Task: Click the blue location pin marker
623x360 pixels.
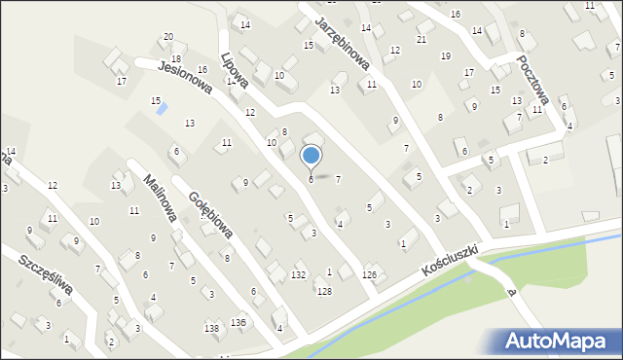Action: point(311,156)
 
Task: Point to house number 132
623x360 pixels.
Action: point(298,275)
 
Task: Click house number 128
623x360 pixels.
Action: point(324,292)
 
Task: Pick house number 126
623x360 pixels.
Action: point(369,275)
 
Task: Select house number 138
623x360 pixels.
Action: point(211,329)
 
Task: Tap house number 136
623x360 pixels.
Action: point(238,322)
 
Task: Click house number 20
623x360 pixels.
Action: point(168,36)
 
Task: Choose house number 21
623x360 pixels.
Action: point(421,39)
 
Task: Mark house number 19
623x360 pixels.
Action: point(445,55)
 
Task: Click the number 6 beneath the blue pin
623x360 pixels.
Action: point(311,179)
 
